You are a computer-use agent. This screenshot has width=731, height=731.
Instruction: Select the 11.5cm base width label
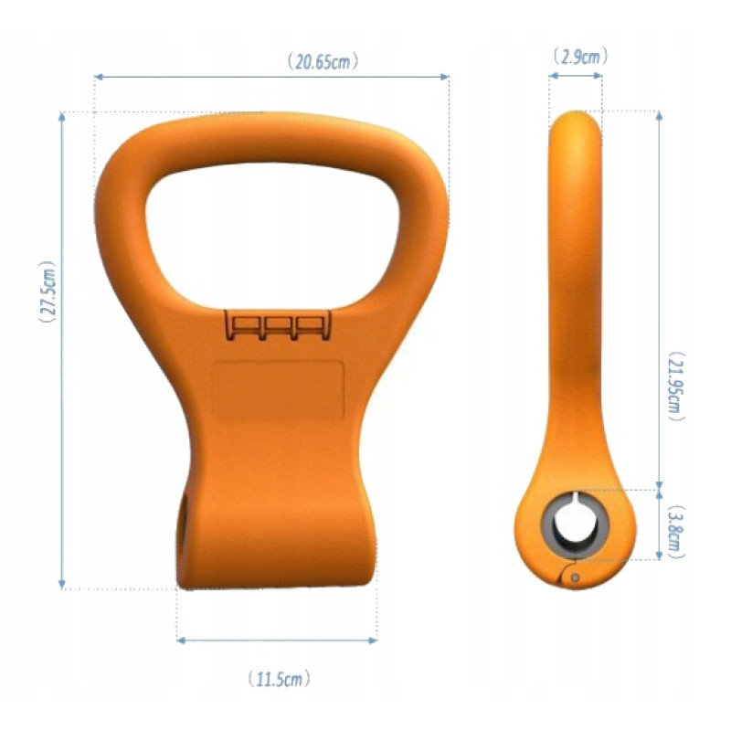(x=280, y=679)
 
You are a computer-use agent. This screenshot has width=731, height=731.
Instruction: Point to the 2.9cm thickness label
(x=577, y=57)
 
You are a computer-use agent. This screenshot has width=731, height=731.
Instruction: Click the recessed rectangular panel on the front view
(x=278, y=390)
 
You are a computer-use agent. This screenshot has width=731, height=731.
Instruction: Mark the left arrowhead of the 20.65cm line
(x=98, y=78)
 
